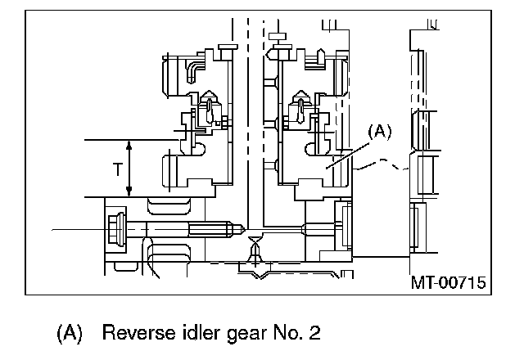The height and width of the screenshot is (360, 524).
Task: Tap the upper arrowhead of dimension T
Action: [x=129, y=144]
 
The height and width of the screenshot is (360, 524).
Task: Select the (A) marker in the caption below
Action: [x=70, y=333]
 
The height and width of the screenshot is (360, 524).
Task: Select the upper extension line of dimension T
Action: [x=106, y=140]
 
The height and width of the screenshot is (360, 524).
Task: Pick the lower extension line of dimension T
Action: [x=106, y=196]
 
